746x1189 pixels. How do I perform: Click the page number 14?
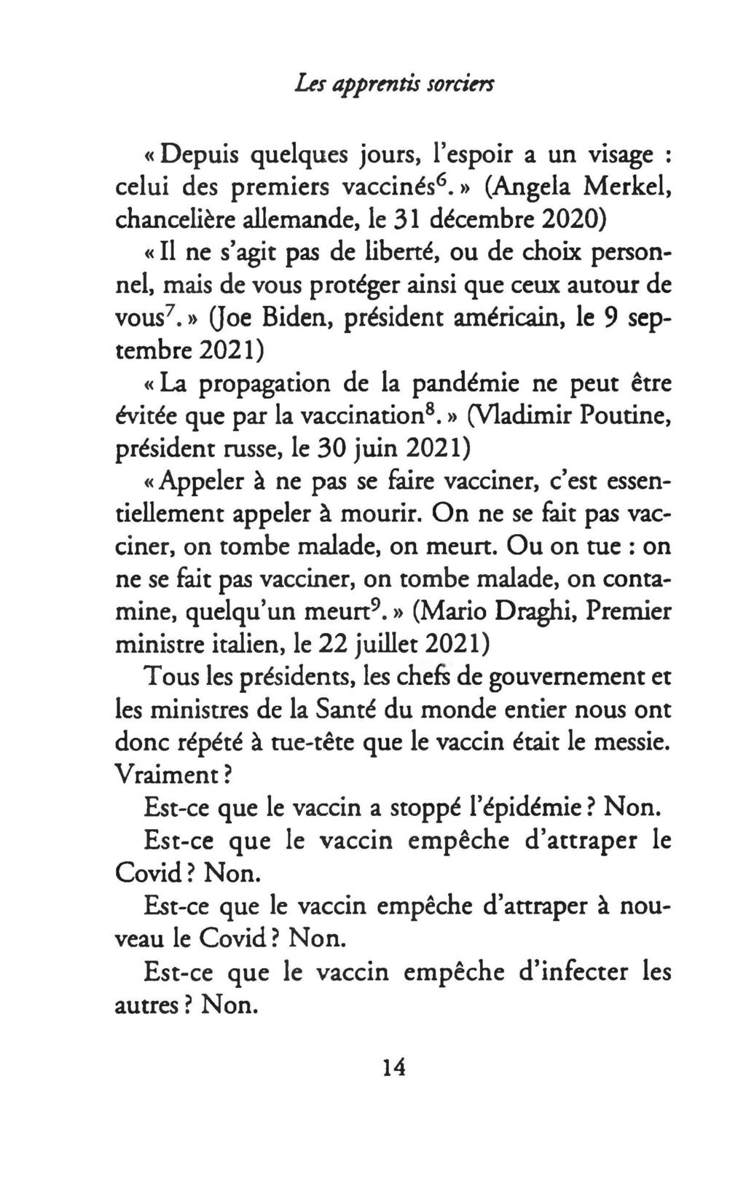[x=393, y=1068]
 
